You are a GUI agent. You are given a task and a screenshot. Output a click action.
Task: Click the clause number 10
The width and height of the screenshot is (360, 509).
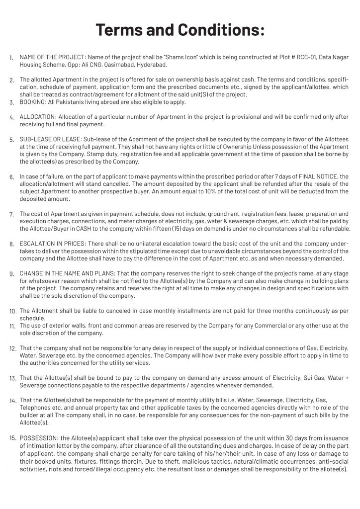tap(13, 311)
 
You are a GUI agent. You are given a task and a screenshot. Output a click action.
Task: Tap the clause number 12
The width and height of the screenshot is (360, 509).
tap(13, 348)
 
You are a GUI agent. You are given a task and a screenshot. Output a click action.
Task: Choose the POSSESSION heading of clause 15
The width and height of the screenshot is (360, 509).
tap(39, 438)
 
